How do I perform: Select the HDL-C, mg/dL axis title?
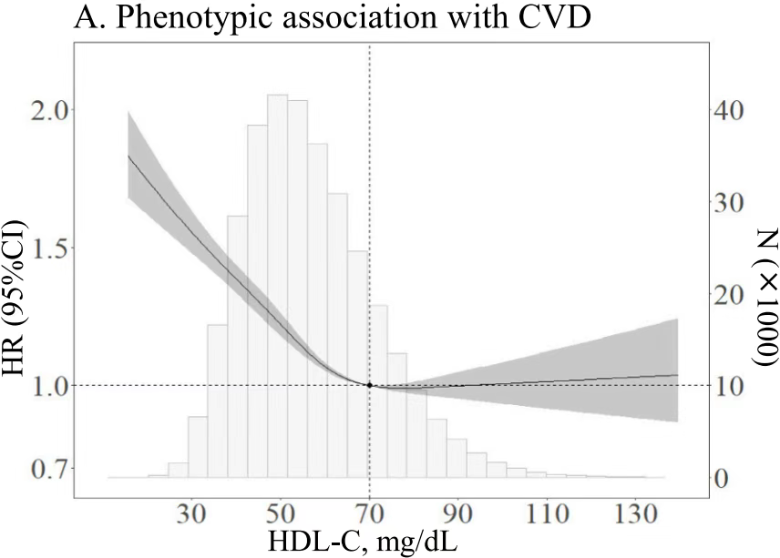(x=363, y=542)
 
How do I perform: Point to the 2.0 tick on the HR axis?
(x=43, y=110)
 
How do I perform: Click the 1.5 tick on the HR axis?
(x=43, y=248)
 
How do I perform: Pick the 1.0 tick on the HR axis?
(x=43, y=385)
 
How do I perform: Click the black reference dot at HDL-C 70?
(x=369, y=385)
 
